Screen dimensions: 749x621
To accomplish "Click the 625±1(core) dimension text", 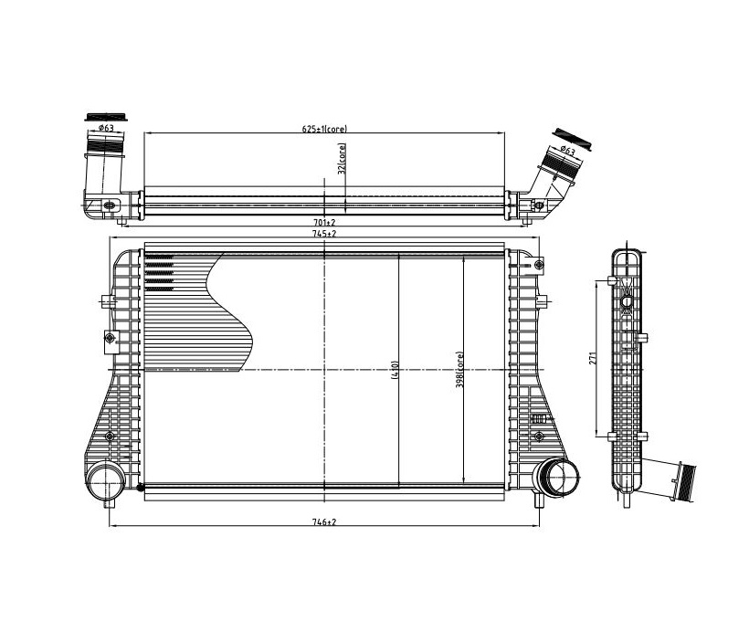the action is click(x=324, y=129).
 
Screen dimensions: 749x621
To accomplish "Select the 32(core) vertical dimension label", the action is click(x=342, y=159).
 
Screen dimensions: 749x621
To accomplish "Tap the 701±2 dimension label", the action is click(x=325, y=222).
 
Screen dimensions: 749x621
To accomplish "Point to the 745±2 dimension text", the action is click(x=325, y=234).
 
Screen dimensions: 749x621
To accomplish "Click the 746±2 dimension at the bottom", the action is click(x=325, y=522).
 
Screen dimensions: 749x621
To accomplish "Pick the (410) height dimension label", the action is click(x=395, y=369).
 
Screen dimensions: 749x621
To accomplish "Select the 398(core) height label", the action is click(x=459, y=369).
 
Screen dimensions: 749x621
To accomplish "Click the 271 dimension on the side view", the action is click(x=593, y=358).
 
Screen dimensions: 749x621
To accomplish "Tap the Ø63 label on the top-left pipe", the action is click(x=106, y=128).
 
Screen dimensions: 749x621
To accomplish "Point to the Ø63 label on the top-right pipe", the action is click(x=567, y=151).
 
